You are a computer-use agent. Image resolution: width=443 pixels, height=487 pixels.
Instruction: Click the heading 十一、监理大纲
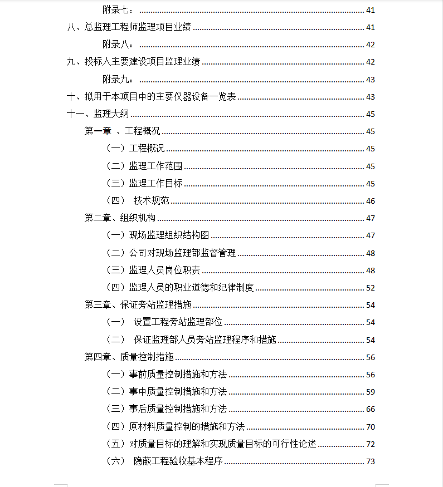[98, 114]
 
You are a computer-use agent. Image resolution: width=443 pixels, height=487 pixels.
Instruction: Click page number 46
[371, 201]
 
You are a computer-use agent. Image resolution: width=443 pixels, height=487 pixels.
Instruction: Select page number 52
[371, 288]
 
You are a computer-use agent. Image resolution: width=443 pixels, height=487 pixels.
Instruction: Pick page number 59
[371, 392]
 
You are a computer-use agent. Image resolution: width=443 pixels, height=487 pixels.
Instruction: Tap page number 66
[371, 409]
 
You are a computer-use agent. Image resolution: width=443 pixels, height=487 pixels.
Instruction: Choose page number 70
[371, 427]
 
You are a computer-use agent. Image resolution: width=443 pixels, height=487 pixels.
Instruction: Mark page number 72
[371, 444]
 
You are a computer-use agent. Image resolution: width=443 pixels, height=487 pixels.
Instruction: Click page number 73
[371, 461]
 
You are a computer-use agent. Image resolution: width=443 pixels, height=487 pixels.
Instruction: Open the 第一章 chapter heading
[122, 131]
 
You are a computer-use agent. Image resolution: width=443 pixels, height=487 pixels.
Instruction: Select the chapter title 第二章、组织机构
[120, 218]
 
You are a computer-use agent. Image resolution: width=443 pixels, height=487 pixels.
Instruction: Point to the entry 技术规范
[151, 201]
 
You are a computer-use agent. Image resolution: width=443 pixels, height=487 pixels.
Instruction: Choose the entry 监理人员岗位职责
[164, 270]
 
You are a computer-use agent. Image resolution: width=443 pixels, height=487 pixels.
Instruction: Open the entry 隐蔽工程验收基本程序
[178, 461]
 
